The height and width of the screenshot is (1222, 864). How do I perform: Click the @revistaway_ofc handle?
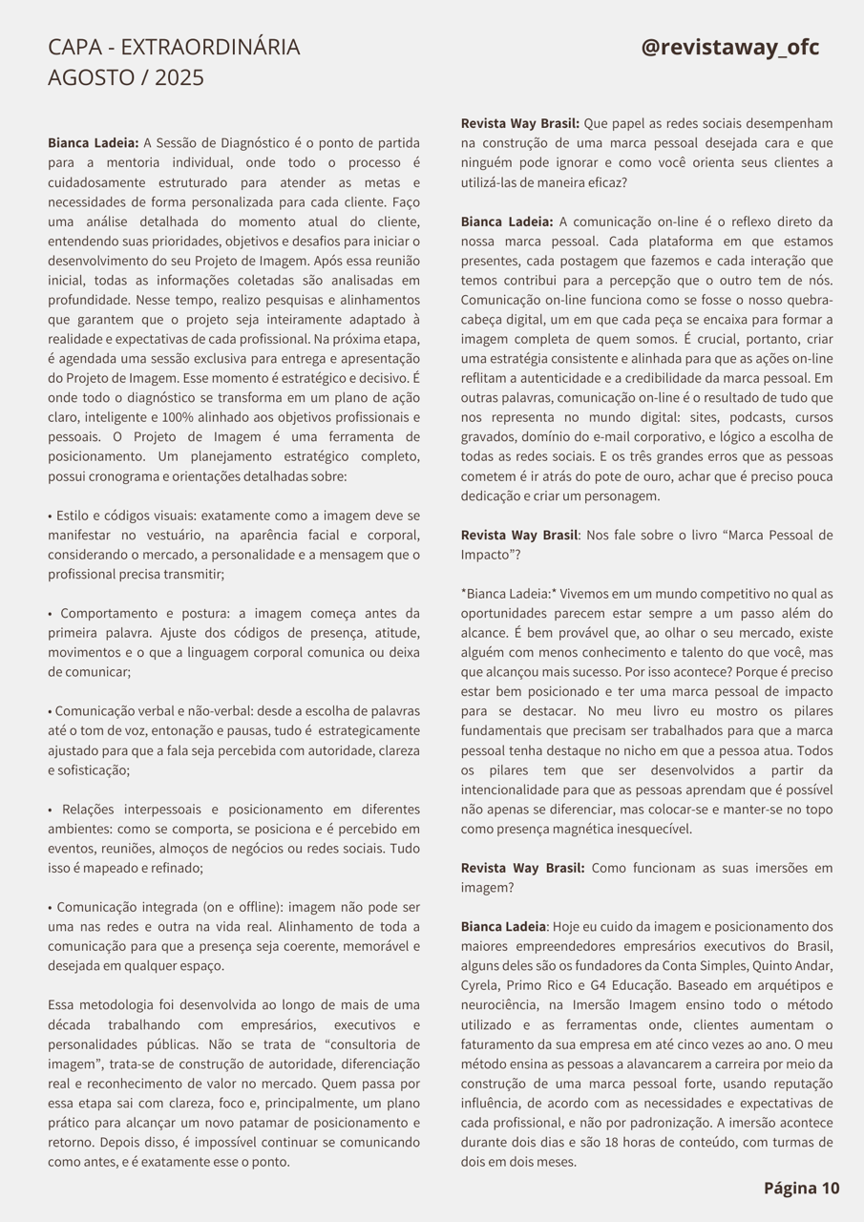[729, 48]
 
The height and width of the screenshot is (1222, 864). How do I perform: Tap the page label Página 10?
[801, 1188]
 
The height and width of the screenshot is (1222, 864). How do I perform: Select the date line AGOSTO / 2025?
[126, 78]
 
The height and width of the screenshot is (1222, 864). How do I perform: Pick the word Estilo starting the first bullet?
[75, 516]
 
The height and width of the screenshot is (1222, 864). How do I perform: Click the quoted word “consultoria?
[334, 1044]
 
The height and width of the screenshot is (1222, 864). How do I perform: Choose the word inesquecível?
[650, 829]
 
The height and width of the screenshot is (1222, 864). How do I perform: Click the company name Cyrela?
[481, 985]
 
